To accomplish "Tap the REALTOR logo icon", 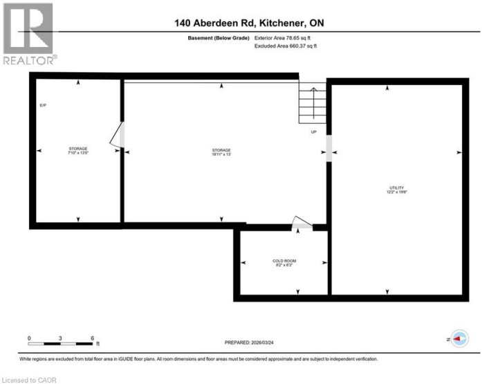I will pos(28,29).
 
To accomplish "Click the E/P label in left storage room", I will pos(42,104).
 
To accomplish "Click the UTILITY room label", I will pos(396,190).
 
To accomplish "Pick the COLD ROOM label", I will pos(284,263).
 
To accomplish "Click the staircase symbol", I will pos(312,104).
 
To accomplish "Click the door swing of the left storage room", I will pos(117,136).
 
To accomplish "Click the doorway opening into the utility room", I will pos(329,147).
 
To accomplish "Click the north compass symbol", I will pos(459,339).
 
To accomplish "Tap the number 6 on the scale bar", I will pos(92,338).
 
